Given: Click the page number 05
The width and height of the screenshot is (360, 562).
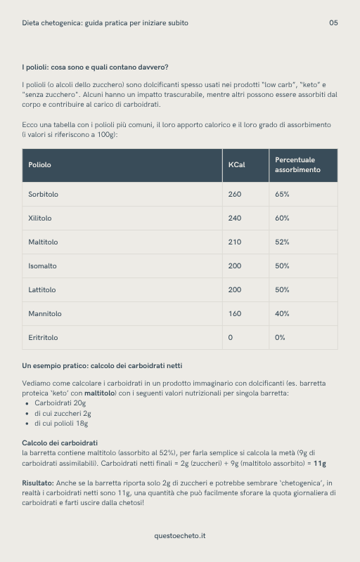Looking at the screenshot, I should (x=333, y=22).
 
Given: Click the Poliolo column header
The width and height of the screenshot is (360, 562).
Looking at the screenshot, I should (x=39, y=165).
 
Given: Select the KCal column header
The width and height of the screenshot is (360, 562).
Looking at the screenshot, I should (x=236, y=165).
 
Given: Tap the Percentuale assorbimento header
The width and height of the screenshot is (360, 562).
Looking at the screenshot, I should (x=295, y=165).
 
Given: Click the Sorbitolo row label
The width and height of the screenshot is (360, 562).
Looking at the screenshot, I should (x=43, y=195).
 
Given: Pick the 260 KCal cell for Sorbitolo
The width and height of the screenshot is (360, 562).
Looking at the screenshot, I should (x=234, y=195).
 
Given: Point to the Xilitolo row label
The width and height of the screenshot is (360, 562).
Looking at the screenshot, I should (x=40, y=218).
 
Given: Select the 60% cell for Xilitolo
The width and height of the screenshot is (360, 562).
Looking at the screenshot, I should (x=282, y=218).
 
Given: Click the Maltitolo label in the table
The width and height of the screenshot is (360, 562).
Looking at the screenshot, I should (x=43, y=242).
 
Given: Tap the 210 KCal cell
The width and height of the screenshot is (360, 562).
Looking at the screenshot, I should (x=234, y=242).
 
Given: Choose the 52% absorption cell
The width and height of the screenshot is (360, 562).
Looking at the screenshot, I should (x=282, y=242).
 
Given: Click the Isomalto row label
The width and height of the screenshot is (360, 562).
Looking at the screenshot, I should (x=42, y=266).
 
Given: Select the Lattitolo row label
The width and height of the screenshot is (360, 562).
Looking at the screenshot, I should (x=42, y=290).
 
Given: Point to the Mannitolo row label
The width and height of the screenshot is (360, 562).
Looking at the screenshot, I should (x=45, y=314).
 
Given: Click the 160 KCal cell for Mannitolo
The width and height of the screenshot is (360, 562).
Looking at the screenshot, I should (x=234, y=314).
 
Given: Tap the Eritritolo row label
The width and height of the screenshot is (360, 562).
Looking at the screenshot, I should (x=43, y=338).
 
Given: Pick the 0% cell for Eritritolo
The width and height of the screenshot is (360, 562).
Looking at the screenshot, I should (x=280, y=338).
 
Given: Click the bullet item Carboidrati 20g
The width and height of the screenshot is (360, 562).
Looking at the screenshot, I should (x=60, y=403).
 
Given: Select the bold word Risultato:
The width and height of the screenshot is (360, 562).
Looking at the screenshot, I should (x=38, y=483).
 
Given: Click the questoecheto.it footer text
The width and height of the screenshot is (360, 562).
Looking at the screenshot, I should (x=180, y=536).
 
